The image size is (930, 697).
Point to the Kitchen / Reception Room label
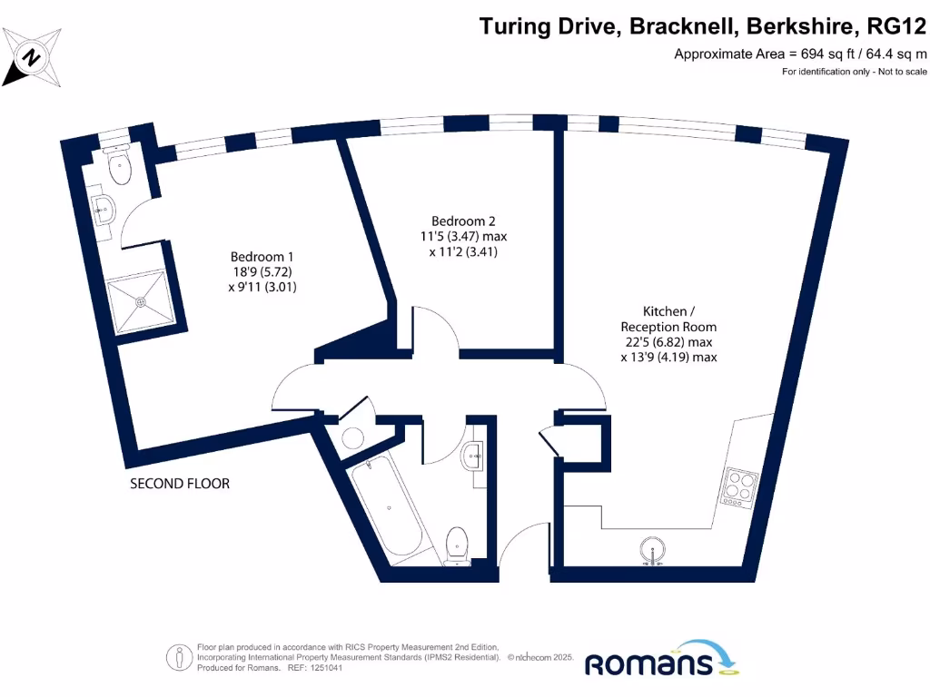668,319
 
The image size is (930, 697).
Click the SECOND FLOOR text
180,484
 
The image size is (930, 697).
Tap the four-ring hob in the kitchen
737,486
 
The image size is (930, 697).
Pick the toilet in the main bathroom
459,544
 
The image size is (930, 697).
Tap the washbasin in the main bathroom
472,456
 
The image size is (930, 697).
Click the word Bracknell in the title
679,26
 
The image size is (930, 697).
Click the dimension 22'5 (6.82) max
668,342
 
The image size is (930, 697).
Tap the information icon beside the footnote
178,656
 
